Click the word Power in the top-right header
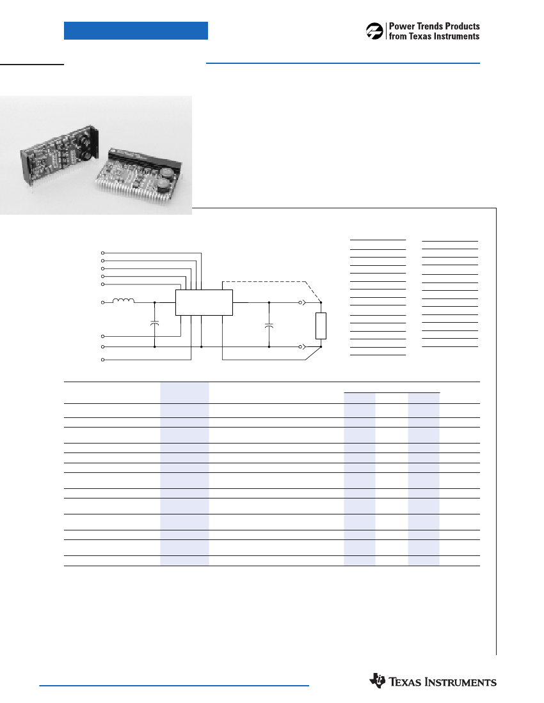(x=402, y=26)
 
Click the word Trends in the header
(x=430, y=26)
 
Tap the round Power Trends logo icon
(x=374, y=31)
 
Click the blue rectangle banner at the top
(x=136, y=31)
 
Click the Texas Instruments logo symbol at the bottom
(x=378, y=680)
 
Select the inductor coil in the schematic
(x=123, y=300)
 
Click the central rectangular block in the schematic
(x=204, y=302)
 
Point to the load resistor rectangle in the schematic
(x=321, y=326)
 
